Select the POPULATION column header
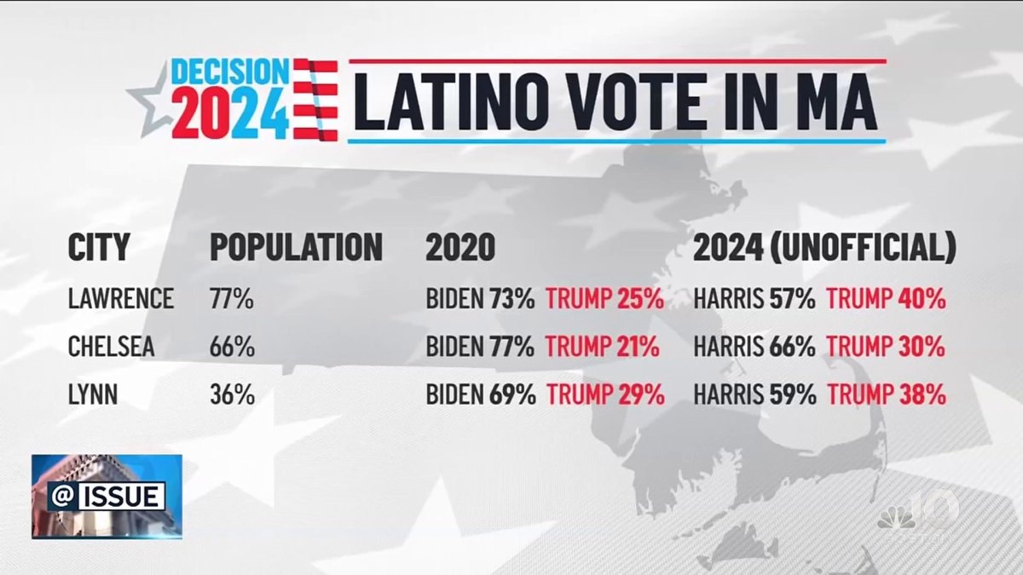[x=296, y=247]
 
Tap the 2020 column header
[x=459, y=247]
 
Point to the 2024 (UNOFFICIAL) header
[x=824, y=247]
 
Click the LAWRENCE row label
[x=120, y=299]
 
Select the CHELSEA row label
[x=113, y=347]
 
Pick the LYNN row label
[x=93, y=395]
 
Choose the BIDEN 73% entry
[x=480, y=299]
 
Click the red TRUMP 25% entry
[x=604, y=299]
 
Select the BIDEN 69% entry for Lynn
[x=480, y=395]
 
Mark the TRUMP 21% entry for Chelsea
[x=603, y=347]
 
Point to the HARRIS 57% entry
[x=754, y=299]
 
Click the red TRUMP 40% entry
[x=886, y=299]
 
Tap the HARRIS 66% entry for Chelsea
[x=754, y=347]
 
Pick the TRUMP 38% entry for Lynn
[x=886, y=395]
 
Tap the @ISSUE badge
[x=107, y=496]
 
